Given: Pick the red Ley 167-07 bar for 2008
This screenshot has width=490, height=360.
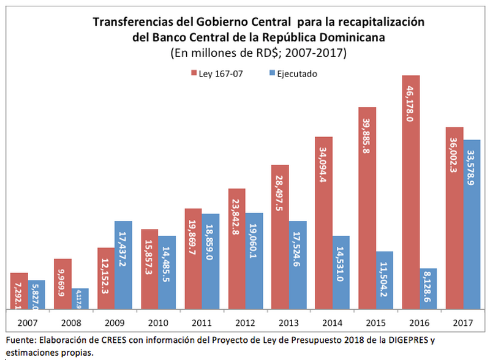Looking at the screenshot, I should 62,284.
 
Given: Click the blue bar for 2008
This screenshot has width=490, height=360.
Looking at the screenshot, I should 80,299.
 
